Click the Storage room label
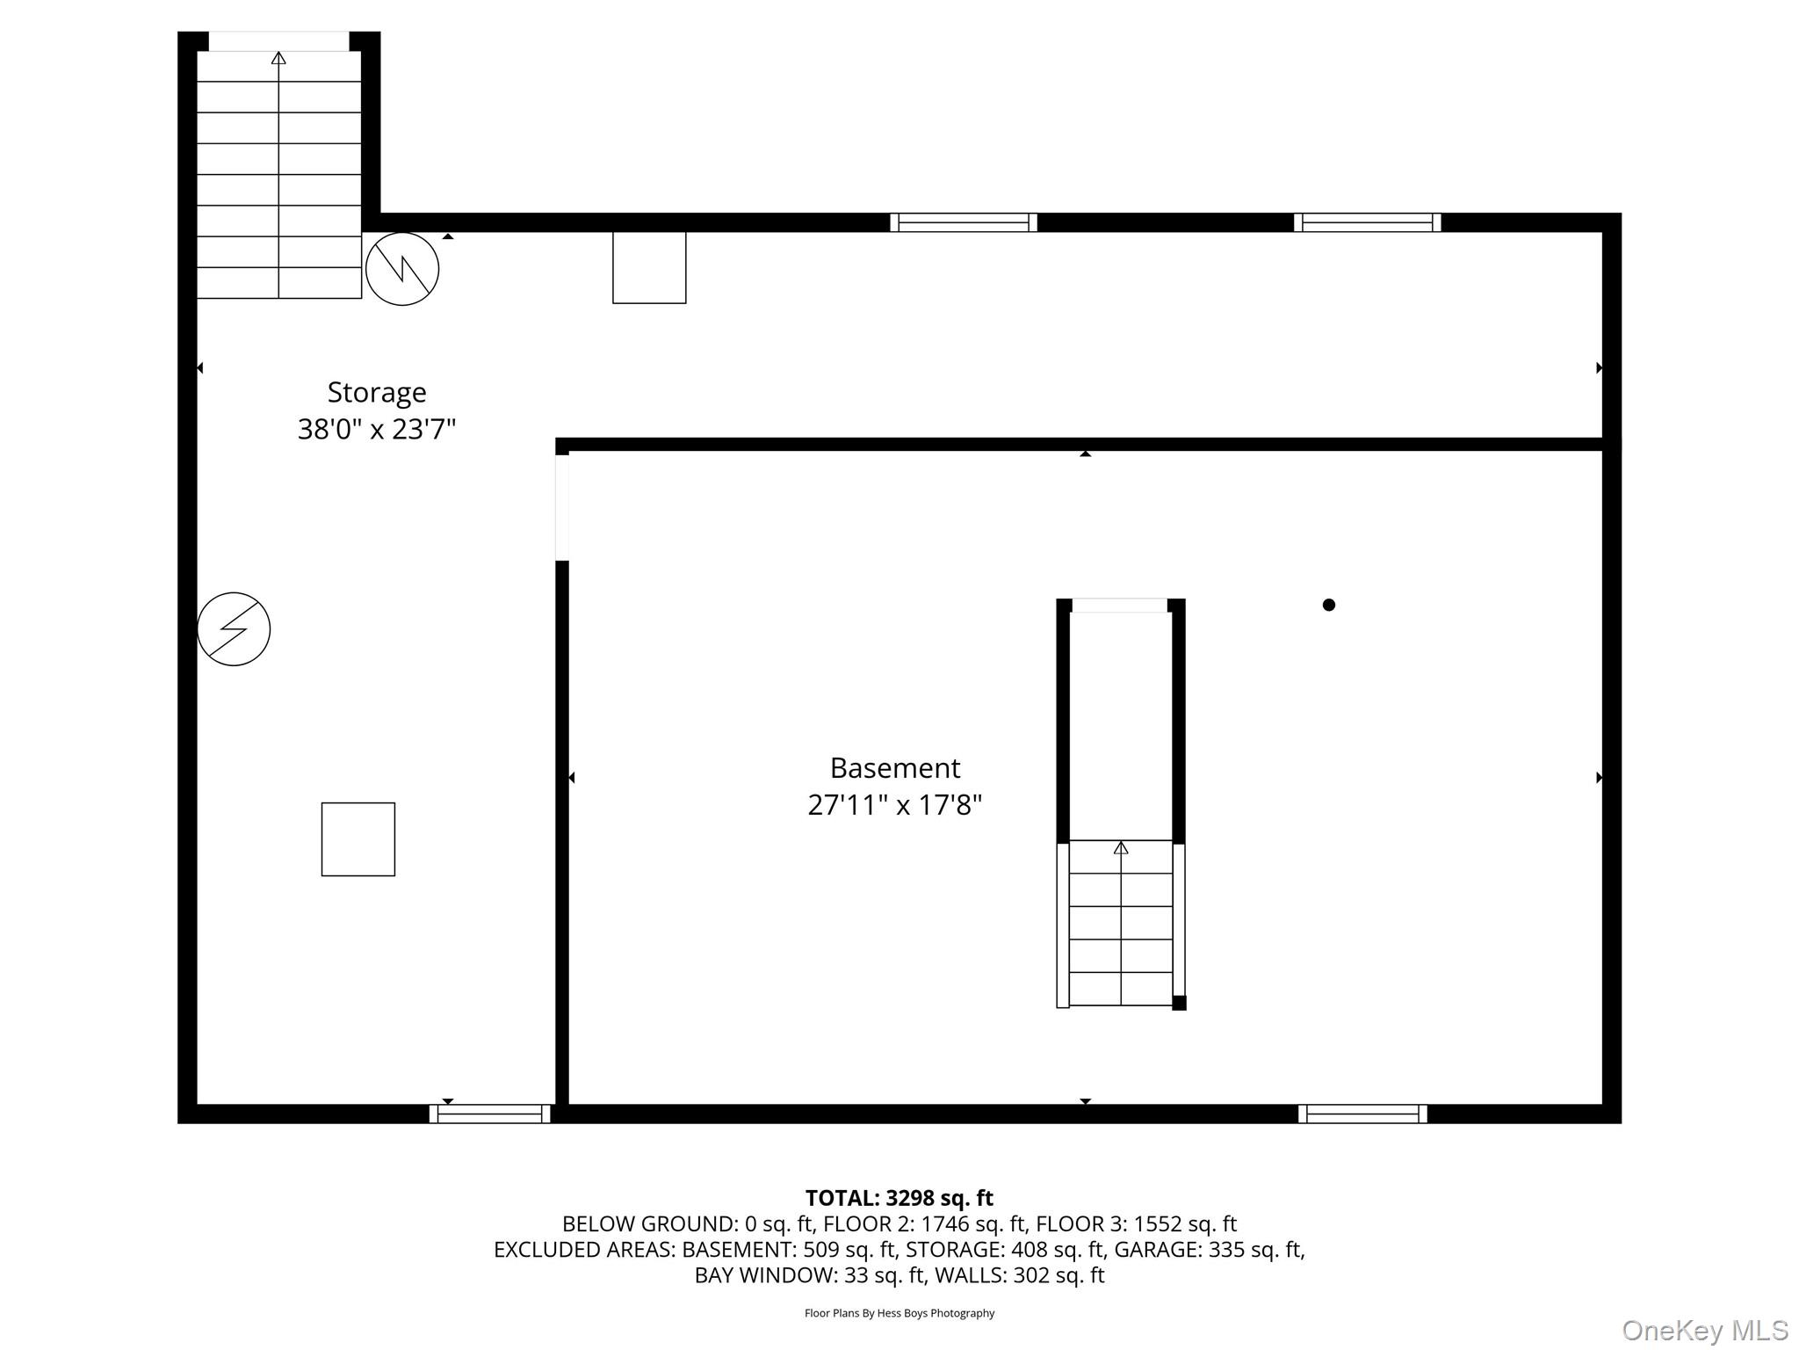(377, 393)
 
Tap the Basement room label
(895, 768)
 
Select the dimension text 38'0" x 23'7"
(377, 430)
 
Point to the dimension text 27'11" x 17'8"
(895, 805)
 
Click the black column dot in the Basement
(1329, 605)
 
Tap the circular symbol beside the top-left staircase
(402, 269)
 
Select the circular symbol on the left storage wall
(234, 629)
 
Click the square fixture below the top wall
(649, 267)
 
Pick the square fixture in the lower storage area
(358, 839)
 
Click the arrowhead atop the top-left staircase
(278, 58)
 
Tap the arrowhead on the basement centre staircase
(1121, 848)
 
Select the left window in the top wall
(964, 222)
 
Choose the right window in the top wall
(1368, 222)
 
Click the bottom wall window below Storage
(490, 1114)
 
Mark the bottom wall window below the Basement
(1363, 1114)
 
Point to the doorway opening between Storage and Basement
(562, 507)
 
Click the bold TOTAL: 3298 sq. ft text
(899, 1198)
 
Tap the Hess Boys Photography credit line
(899, 1313)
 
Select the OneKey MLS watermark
(1705, 1331)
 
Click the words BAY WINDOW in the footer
(766, 1275)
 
